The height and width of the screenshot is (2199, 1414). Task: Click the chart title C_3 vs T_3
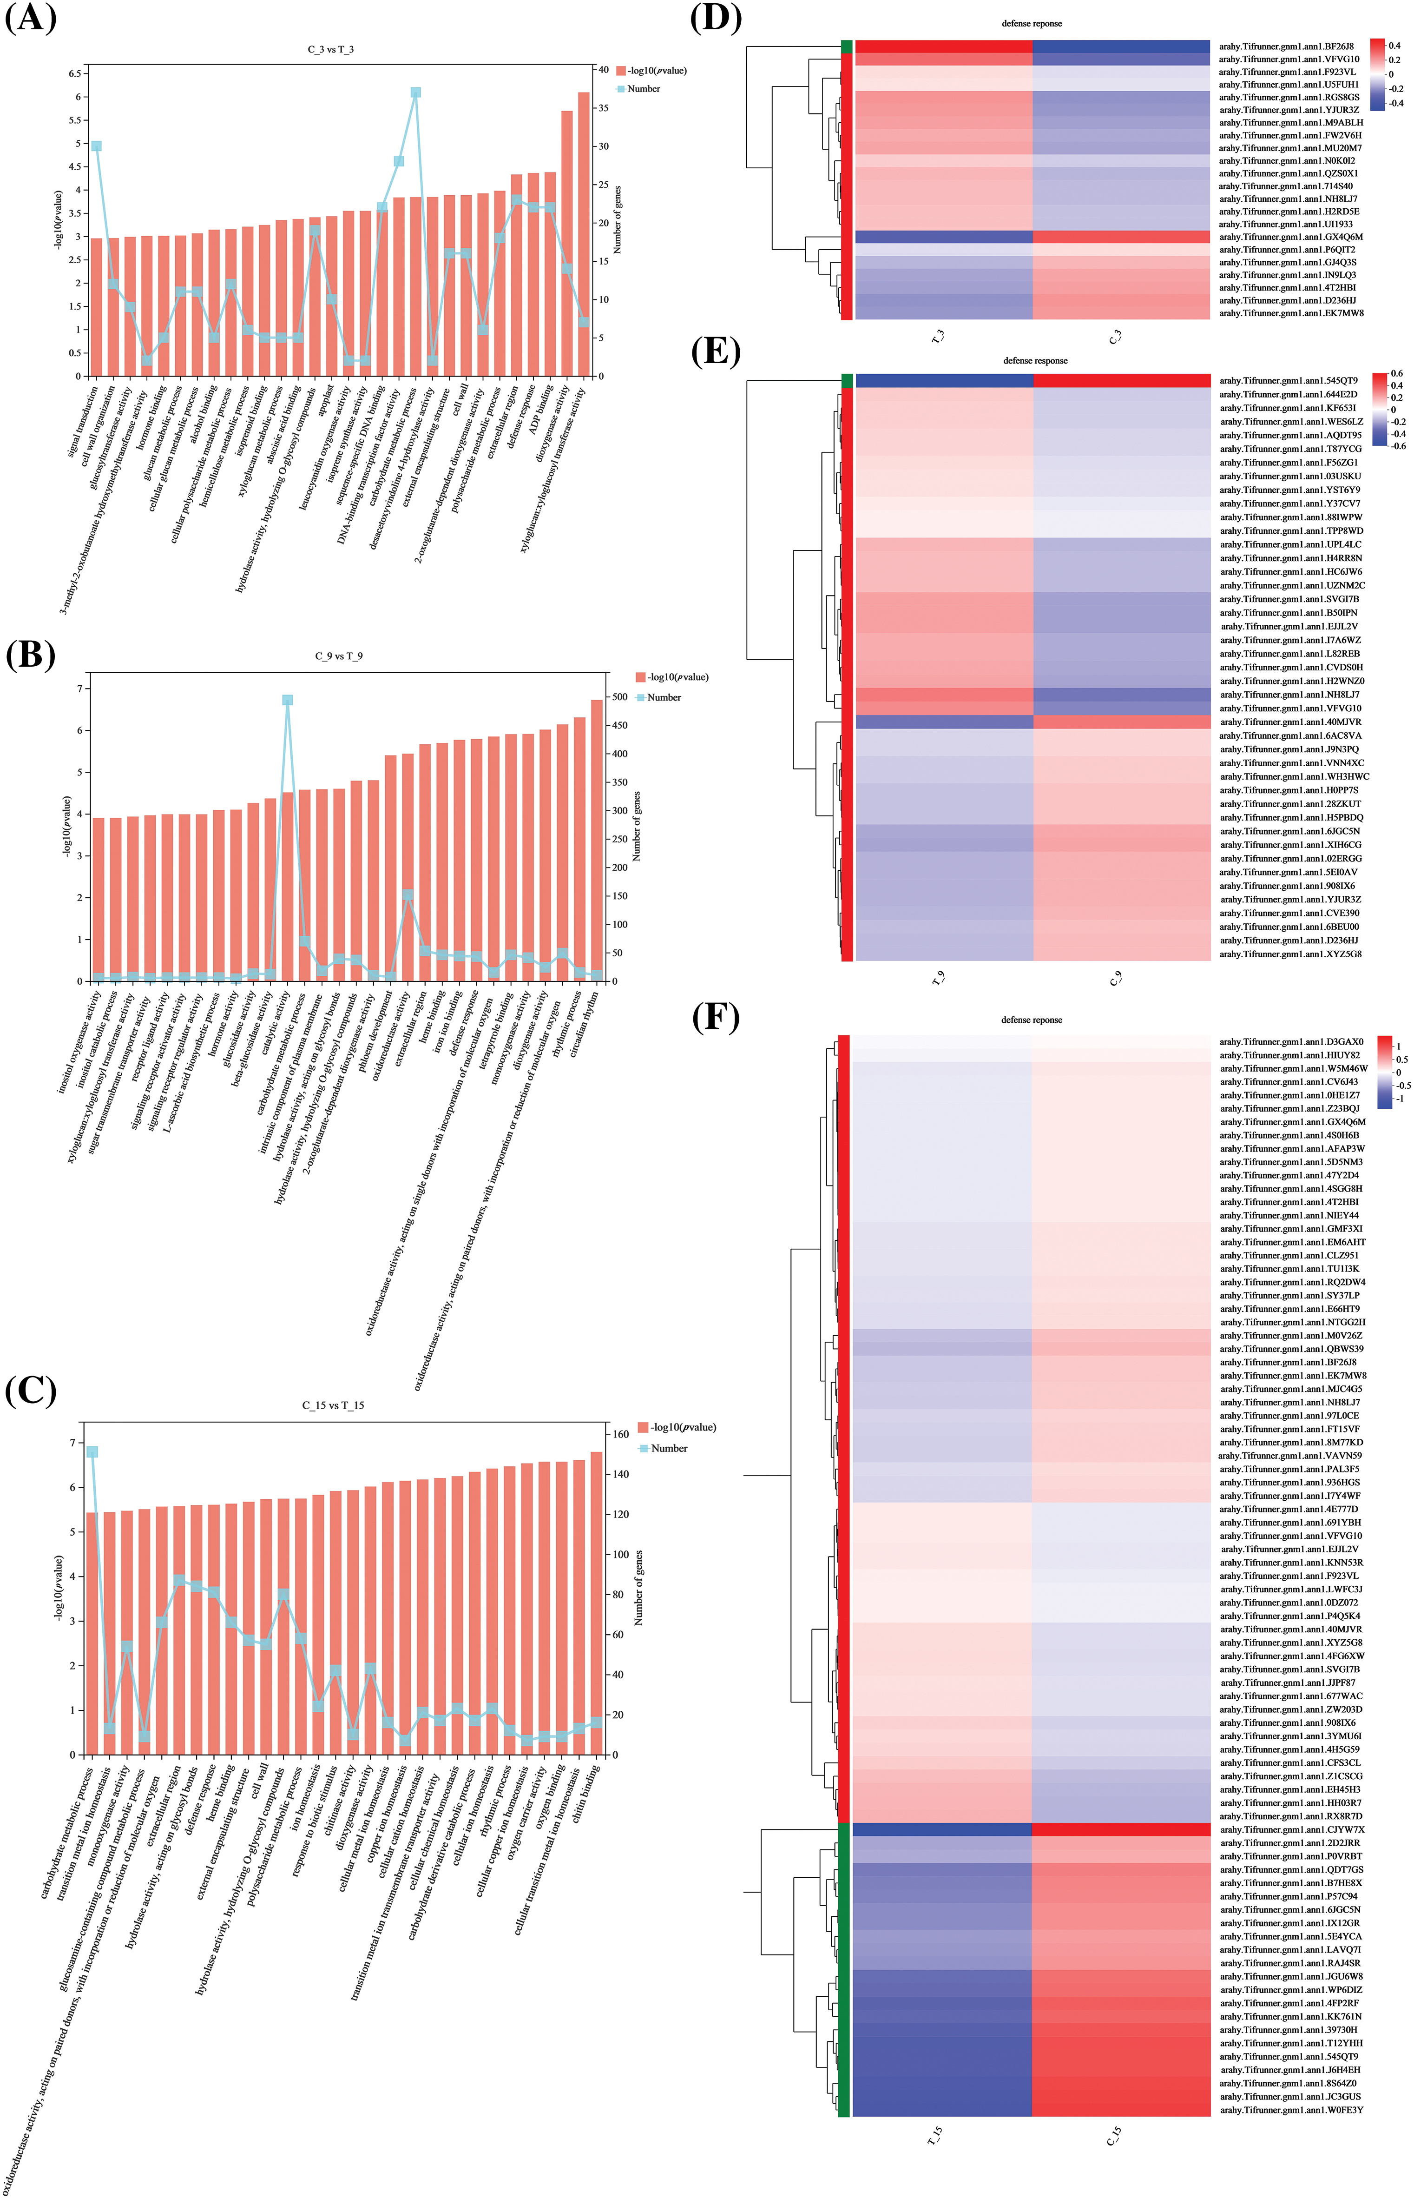pos(330,49)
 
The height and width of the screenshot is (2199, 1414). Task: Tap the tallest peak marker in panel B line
pos(287,700)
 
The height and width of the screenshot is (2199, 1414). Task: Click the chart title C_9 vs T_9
pos(339,656)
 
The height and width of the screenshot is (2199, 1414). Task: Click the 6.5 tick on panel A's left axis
pos(72,73)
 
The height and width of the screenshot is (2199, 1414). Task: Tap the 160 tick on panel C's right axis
pos(621,1434)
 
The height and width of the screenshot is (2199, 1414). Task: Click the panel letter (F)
pos(715,1018)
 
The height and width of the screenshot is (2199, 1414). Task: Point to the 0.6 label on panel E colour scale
pos(1396,374)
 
